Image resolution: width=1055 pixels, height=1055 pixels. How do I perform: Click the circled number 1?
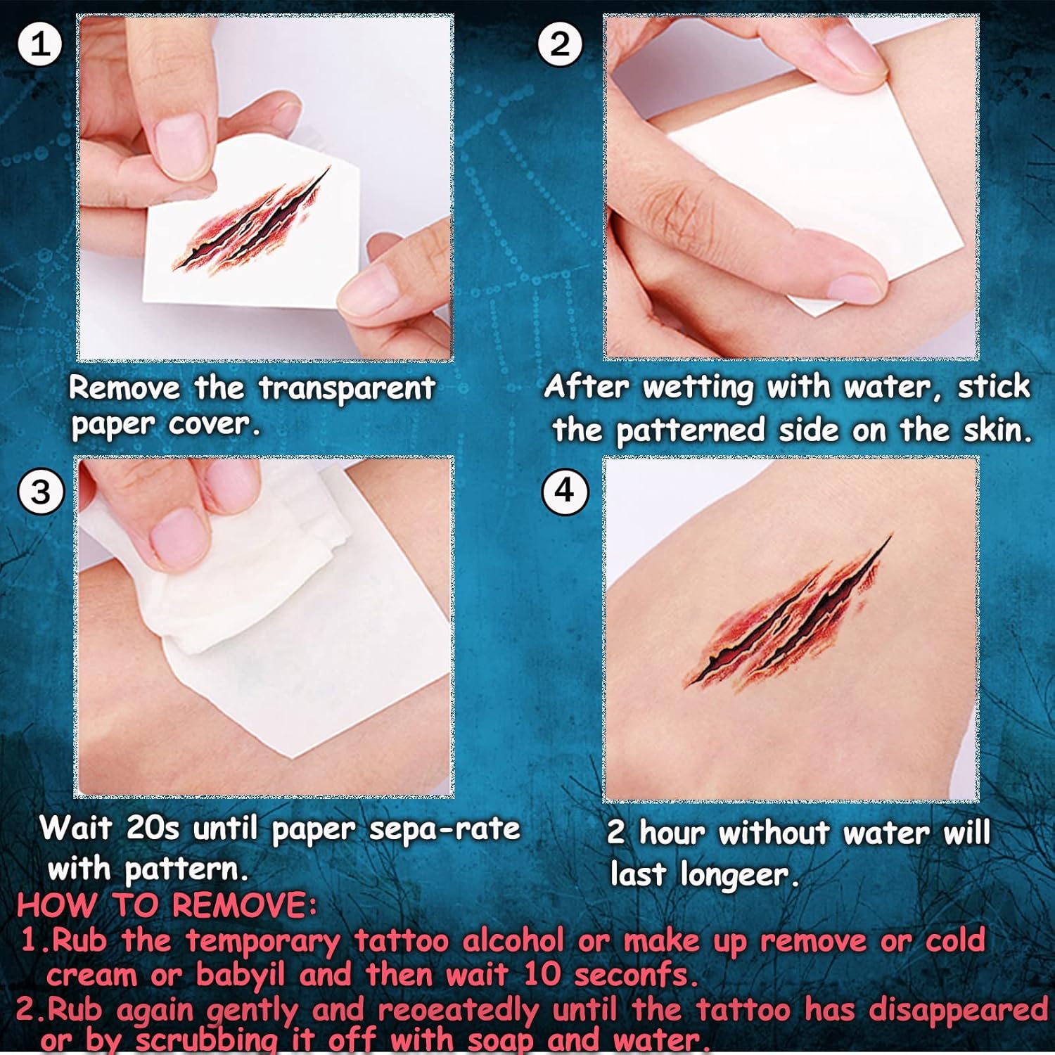tap(40, 44)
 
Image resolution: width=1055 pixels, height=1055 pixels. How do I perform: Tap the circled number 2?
tap(559, 44)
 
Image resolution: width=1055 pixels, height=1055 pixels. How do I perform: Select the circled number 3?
tap(41, 490)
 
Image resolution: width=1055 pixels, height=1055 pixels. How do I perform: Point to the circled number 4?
tap(565, 490)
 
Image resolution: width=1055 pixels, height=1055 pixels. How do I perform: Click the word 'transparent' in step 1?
tap(347, 389)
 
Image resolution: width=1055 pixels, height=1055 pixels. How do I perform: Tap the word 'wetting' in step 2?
tap(698, 388)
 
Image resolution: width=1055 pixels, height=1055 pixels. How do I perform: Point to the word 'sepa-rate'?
tap(445, 830)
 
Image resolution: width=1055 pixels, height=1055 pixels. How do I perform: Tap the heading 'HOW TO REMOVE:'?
tap(167, 905)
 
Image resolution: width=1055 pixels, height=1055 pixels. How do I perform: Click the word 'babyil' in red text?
tap(241, 975)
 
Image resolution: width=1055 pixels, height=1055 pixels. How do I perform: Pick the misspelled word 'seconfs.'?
tap(637, 975)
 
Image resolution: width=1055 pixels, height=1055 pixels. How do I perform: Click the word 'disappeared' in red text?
tap(959, 1011)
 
